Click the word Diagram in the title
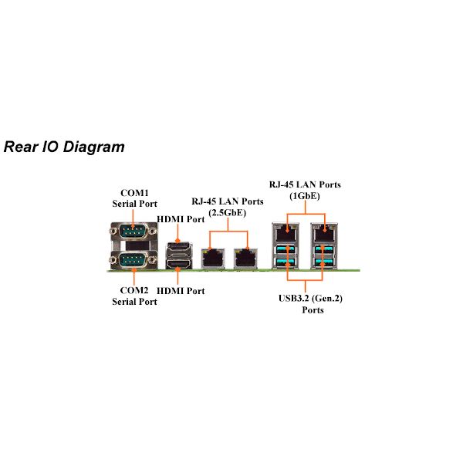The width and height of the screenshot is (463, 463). tap(94, 147)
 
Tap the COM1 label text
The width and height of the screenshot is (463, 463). tap(134, 193)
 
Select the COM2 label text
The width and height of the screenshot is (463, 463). tap(134, 290)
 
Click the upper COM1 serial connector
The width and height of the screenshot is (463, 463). tap(133, 231)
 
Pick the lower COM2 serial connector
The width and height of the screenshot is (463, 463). tap(133, 260)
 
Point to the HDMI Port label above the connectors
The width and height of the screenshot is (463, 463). tap(181, 219)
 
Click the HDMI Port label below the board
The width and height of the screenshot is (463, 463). tap(181, 291)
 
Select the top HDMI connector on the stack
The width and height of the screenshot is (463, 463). tap(178, 245)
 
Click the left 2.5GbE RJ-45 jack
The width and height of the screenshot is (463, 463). tap(213, 259)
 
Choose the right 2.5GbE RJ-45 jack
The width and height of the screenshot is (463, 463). tap(245, 259)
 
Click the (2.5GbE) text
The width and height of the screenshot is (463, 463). tap(228, 213)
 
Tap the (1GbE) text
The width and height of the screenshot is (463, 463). tap(305, 196)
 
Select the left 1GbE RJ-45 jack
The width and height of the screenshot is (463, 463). tap(286, 233)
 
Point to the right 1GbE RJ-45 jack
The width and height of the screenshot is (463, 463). tap(324, 233)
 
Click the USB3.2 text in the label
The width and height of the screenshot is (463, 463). tap(293, 298)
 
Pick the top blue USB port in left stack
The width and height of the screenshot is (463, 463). tap(286, 250)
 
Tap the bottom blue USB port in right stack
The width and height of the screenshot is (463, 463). tap(324, 262)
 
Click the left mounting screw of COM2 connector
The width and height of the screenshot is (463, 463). tap(113, 260)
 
